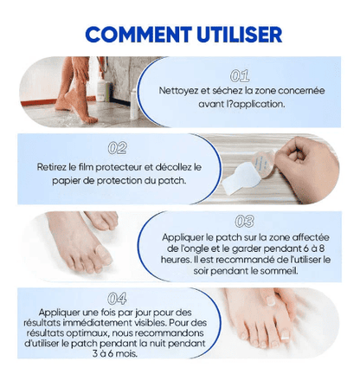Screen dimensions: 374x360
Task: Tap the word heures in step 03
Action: point(180,258)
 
